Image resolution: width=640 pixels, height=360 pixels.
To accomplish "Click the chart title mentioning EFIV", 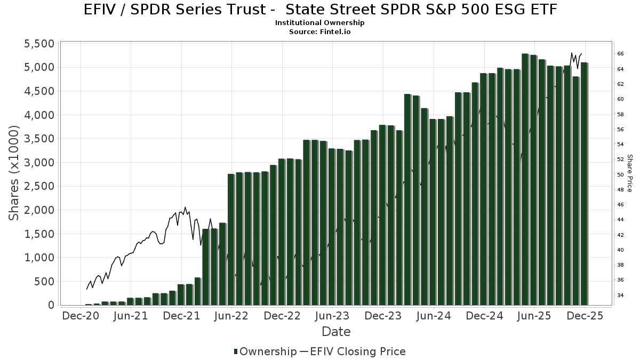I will point(320,10).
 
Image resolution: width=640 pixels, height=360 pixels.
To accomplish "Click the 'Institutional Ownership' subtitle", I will point(320,23).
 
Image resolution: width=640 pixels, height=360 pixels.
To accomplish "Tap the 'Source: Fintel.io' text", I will point(320,31).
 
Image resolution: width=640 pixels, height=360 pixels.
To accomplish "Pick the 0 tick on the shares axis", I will point(51,305).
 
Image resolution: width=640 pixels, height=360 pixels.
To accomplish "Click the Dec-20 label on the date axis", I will point(81,316).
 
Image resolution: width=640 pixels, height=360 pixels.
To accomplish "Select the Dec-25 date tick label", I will point(585,316).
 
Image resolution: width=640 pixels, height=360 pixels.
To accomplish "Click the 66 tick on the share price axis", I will point(621,54).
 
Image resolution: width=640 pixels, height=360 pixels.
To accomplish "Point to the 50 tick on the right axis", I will point(621,174).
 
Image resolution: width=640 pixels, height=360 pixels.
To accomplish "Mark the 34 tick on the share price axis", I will point(621,295).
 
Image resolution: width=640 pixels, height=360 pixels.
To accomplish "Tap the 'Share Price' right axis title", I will point(629,173).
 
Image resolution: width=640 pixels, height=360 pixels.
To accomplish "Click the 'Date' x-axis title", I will point(336,332).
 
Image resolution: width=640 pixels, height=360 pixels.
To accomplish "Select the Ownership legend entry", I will point(265,351).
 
